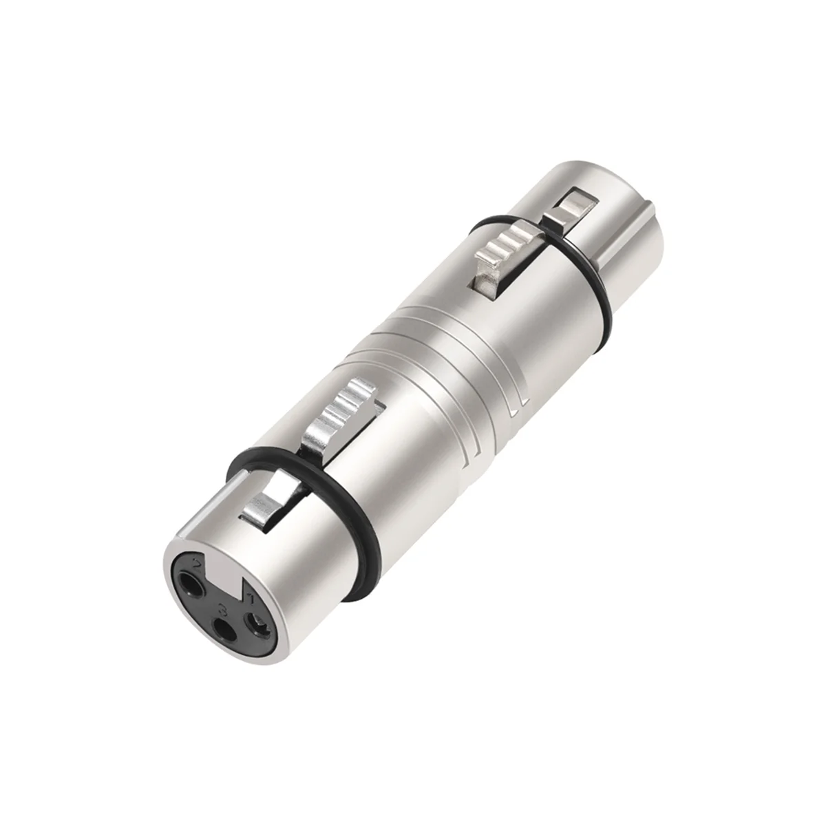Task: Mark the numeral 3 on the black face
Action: click(222, 608)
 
